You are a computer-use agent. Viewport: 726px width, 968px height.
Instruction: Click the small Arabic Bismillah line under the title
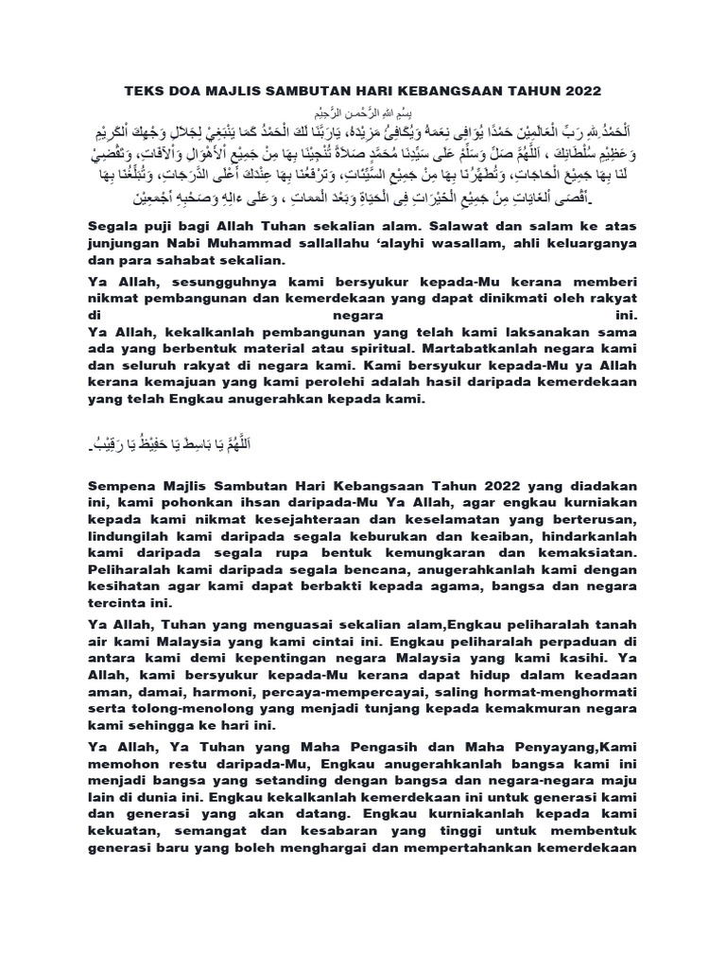(x=363, y=111)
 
